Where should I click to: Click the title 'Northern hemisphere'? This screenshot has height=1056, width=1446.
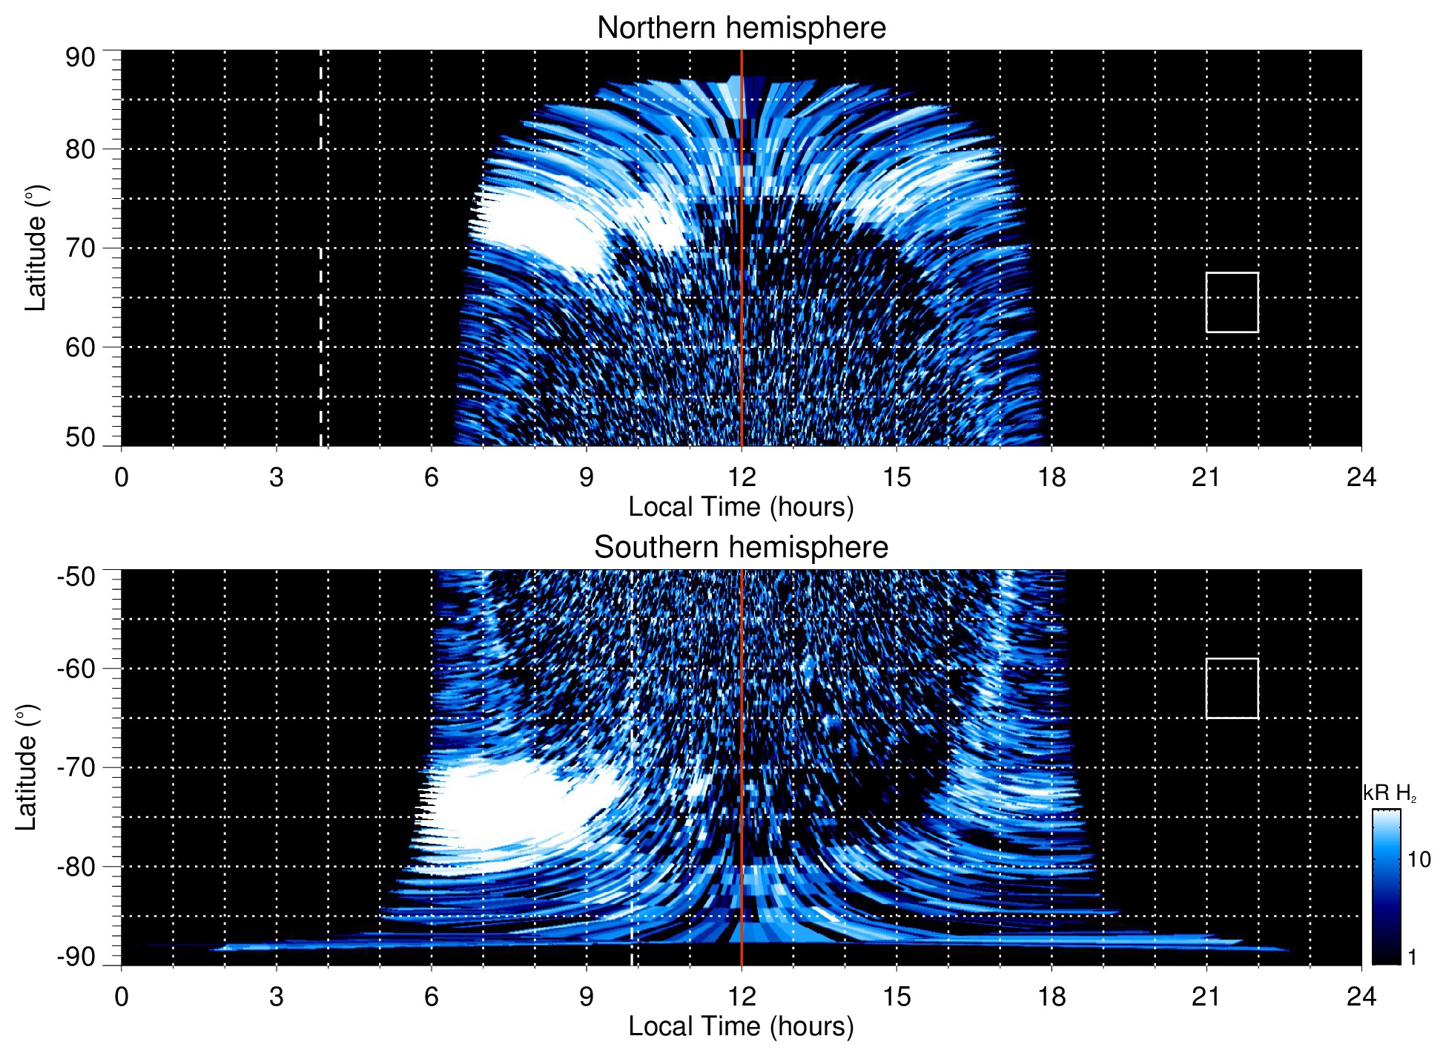(x=741, y=28)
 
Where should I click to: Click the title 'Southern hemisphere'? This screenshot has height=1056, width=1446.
(x=741, y=548)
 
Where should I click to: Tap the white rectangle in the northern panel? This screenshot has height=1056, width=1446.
(x=1232, y=303)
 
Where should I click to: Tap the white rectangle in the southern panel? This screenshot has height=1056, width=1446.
(x=1232, y=689)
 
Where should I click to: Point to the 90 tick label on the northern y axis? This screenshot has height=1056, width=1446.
(x=80, y=58)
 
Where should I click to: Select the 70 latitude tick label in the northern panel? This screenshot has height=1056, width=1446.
(x=80, y=248)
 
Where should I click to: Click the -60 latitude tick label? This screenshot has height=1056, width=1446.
(x=76, y=669)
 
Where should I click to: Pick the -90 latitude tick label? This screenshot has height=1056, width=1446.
(x=76, y=957)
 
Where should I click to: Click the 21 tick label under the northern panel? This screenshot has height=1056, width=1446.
(x=1206, y=477)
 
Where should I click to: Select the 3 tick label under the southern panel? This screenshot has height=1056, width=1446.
(x=277, y=997)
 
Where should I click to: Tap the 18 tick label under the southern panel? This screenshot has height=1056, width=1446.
(x=1052, y=997)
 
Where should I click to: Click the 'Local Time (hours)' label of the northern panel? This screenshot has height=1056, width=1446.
(x=741, y=507)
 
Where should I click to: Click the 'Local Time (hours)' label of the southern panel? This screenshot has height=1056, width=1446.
(x=741, y=1026)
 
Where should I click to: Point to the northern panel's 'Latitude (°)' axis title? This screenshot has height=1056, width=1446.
(x=36, y=248)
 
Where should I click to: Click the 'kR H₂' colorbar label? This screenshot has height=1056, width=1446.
(x=1390, y=793)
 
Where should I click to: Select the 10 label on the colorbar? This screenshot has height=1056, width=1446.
(x=1419, y=859)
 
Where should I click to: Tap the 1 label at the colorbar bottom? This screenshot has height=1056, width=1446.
(x=1412, y=957)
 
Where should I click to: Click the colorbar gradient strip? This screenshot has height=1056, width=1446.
(x=1386, y=887)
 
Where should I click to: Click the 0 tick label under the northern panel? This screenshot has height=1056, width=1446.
(x=122, y=477)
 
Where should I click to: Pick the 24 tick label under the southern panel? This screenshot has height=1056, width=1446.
(x=1361, y=997)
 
